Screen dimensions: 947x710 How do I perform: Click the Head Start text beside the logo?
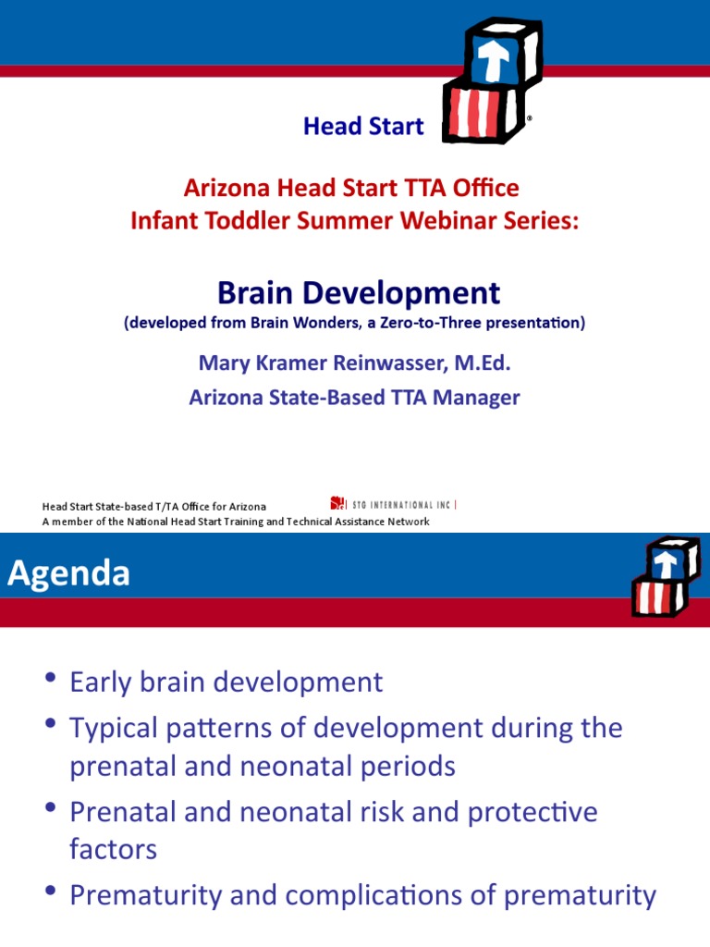pos(363,127)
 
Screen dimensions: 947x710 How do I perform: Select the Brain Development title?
pos(359,293)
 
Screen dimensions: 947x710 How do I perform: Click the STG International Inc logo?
pos(393,504)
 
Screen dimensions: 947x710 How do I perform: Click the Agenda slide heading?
pos(69,574)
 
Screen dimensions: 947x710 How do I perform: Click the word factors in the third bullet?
pos(113,849)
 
